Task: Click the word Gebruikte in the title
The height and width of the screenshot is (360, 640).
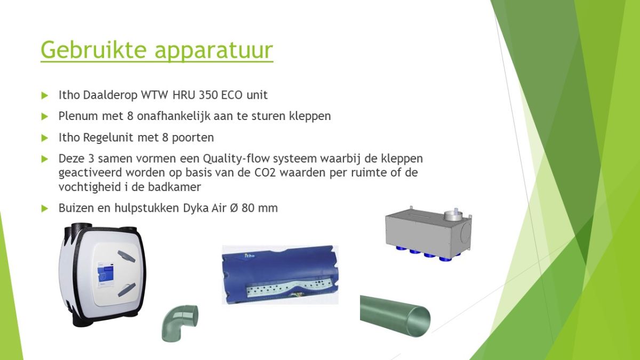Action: (x=94, y=50)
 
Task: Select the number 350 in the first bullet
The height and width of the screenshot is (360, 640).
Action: (x=209, y=95)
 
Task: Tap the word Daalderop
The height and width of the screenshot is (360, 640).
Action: (x=110, y=95)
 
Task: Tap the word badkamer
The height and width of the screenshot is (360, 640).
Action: (x=174, y=187)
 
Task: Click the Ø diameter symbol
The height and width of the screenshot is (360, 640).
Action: (x=234, y=208)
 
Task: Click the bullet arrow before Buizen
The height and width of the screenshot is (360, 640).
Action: (x=45, y=209)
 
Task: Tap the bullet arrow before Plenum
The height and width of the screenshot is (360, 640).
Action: (x=45, y=116)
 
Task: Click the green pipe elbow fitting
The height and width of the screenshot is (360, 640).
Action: (x=179, y=323)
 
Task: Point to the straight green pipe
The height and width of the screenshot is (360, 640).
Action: (x=395, y=316)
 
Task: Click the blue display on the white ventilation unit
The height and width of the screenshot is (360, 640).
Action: (x=106, y=271)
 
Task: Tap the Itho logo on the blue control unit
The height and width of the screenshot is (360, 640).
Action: (x=250, y=255)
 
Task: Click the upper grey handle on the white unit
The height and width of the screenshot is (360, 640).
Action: (x=126, y=257)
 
